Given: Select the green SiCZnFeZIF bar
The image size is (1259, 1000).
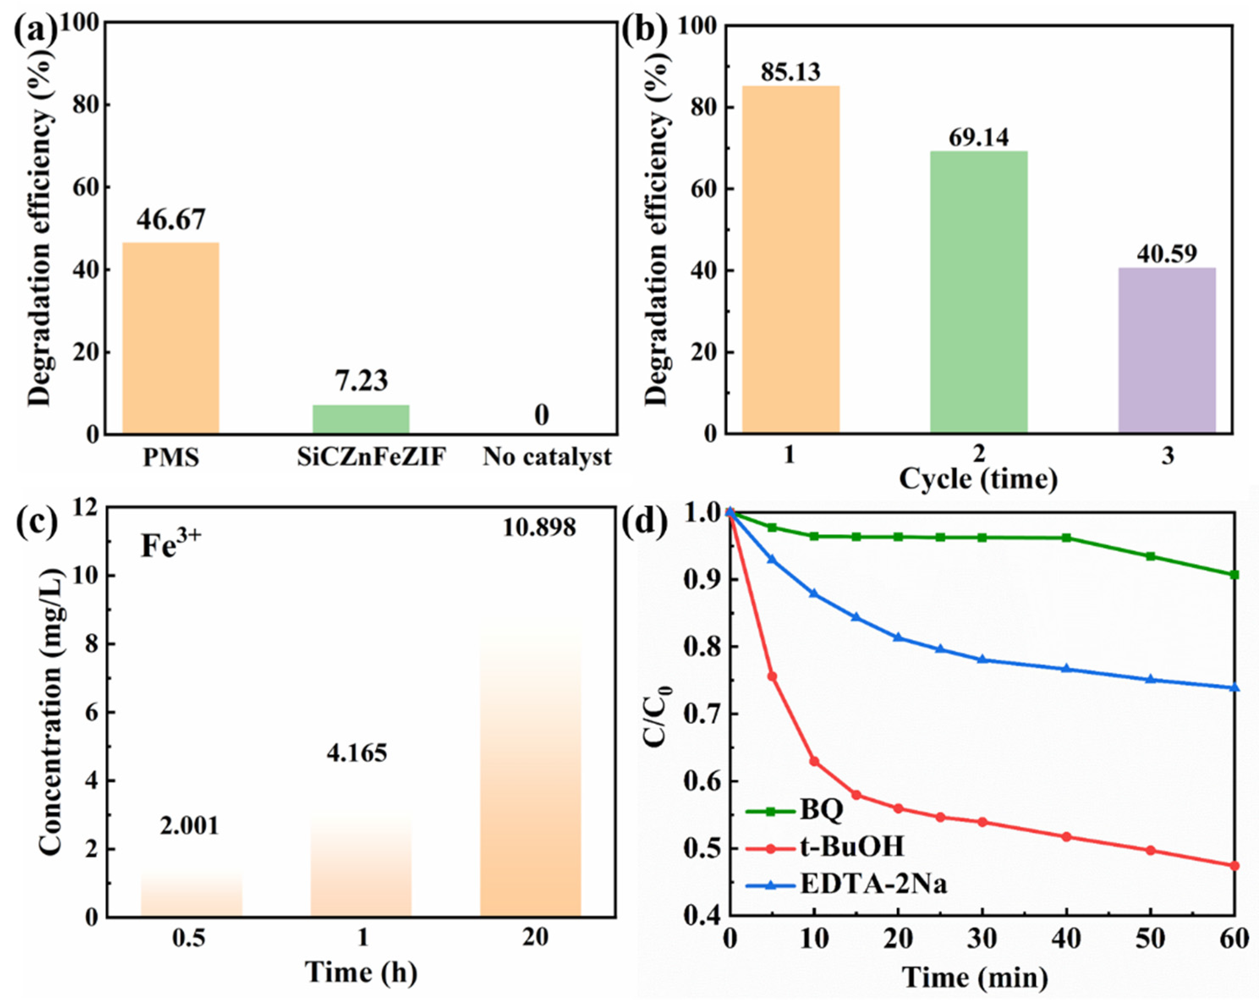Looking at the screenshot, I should click(x=361, y=419).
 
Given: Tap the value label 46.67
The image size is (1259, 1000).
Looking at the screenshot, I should click(x=171, y=219).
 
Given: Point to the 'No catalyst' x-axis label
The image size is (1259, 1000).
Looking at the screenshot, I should click(x=546, y=457).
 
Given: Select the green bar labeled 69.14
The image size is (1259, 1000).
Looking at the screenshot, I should click(x=979, y=292).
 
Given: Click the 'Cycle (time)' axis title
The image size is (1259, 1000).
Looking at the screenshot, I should click(x=978, y=479).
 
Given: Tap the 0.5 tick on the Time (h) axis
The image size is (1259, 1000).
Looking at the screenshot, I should click(x=189, y=938).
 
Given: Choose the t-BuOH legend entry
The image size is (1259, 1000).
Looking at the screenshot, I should click(x=851, y=847).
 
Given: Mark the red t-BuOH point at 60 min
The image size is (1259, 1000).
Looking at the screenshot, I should click(x=1234, y=865).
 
